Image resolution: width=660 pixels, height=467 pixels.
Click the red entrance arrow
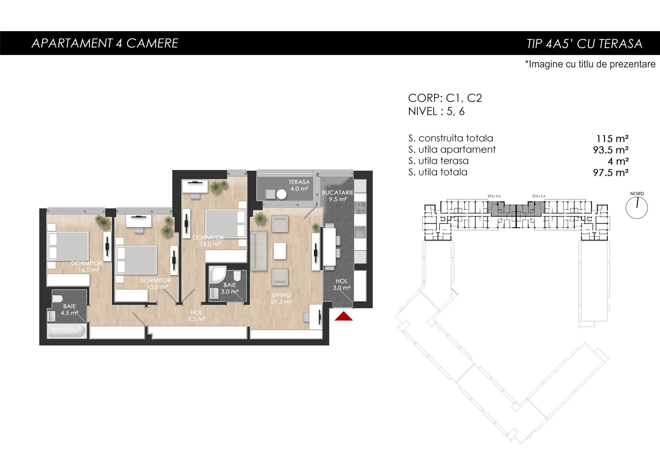pyautogui.click(x=344, y=316)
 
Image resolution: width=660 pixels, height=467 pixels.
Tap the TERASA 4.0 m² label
pyautogui.click(x=299, y=185)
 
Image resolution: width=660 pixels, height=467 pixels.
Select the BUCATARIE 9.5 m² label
pyautogui.click(x=338, y=196)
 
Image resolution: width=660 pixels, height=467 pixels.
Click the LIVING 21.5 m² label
pyautogui.click(x=281, y=298)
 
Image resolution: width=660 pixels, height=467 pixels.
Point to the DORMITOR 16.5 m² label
pyautogui.click(x=87, y=267)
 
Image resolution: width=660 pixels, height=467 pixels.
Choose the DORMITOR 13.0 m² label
pyautogui.click(x=155, y=284)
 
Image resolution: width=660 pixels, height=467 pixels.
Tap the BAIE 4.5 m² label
pyautogui.click(x=69, y=310)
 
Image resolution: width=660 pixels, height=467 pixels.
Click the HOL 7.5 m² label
pyautogui.click(x=196, y=316)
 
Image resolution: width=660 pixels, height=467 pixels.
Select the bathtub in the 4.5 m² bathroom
pyautogui.click(x=67, y=331)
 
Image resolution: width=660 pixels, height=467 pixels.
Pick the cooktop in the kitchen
pyautogui.click(x=360, y=208)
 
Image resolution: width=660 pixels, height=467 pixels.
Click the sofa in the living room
pyautogui.click(x=259, y=251)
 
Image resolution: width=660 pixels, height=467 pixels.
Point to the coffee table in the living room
pyautogui.click(x=280, y=251)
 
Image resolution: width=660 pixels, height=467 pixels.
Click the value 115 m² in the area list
pyautogui.click(x=612, y=139)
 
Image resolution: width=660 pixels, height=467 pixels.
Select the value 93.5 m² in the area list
pyautogui.click(x=610, y=150)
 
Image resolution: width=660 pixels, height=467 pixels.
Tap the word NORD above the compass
pyautogui.click(x=637, y=194)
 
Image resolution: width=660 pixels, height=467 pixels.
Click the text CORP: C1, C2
pyautogui.click(x=445, y=98)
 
